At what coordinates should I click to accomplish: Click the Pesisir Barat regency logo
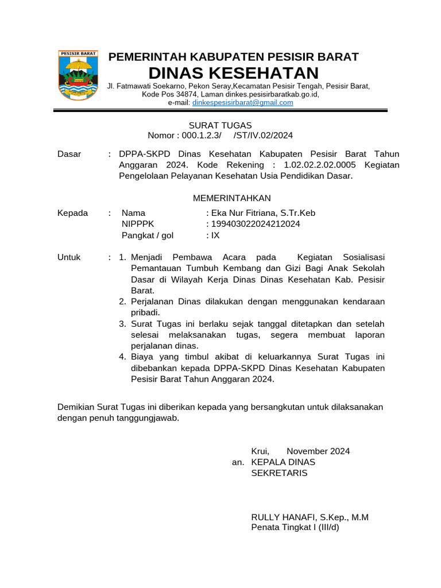(78, 75)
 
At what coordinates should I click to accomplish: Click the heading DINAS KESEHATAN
(233, 73)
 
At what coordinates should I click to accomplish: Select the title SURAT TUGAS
(220, 125)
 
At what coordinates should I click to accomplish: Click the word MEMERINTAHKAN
(231, 198)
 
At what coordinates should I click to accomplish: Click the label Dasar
(69, 154)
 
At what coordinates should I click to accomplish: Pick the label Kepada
(73, 213)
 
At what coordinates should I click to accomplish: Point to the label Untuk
(69, 257)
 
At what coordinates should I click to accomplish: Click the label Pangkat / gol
(147, 235)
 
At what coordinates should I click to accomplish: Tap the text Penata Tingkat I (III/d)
(295, 528)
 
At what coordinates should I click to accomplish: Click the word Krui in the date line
(260, 451)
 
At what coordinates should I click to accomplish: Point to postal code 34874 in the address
(187, 94)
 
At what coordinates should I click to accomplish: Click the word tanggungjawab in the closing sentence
(150, 418)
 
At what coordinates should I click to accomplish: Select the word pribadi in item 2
(146, 312)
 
